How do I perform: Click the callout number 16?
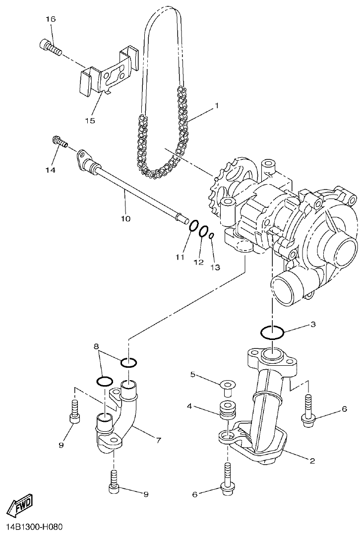[51, 19]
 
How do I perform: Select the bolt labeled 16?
[49, 47]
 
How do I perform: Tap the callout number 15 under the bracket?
[90, 120]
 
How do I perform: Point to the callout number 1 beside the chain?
[216, 106]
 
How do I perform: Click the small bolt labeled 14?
[60, 142]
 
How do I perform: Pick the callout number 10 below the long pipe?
[125, 218]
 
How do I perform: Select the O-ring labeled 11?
[194, 226]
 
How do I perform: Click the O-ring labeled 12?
[203, 231]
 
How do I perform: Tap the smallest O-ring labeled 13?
[211, 236]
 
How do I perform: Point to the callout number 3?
[312, 325]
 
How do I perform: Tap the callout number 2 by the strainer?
[312, 461]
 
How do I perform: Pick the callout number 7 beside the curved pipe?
[158, 440]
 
